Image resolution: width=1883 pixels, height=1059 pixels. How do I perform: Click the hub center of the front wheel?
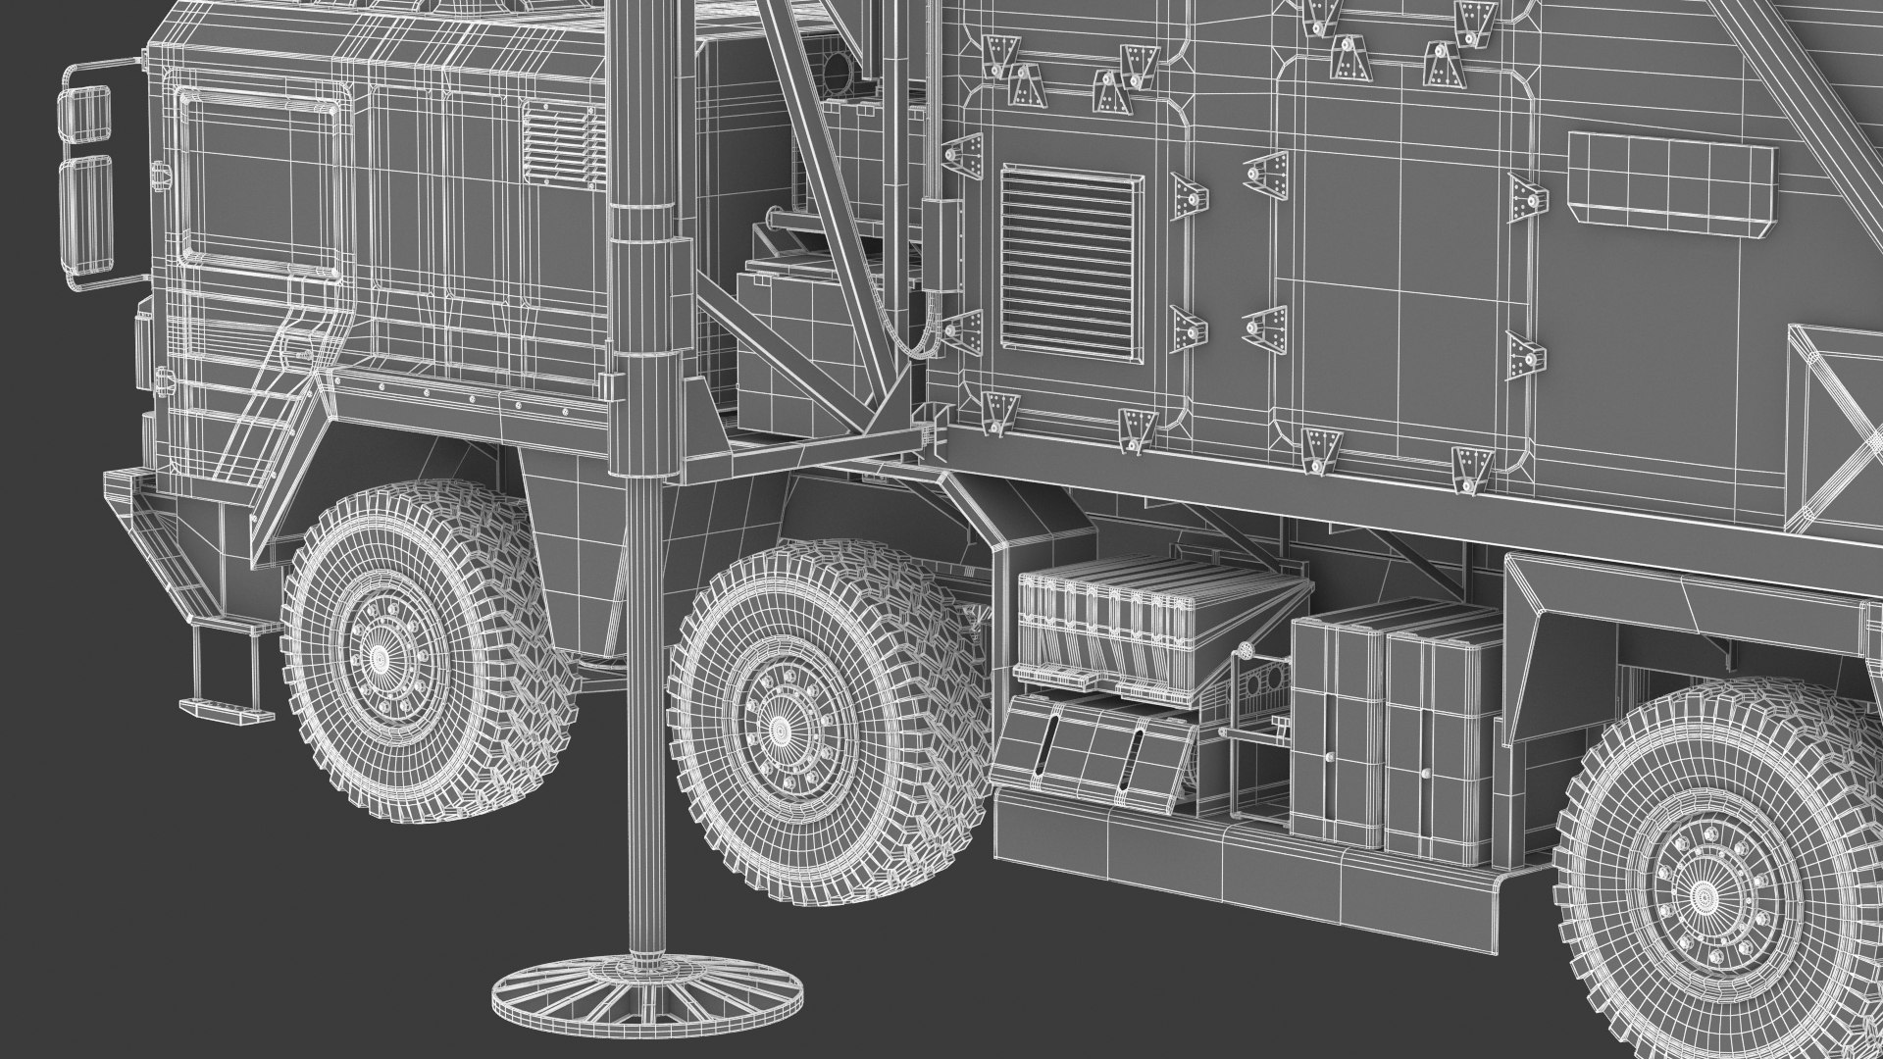click(x=380, y=652)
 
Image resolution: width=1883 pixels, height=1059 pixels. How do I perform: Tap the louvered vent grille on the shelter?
click(x=1071, y=263)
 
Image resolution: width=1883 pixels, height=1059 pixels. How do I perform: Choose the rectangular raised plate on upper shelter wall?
click(x=1671, y=182)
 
